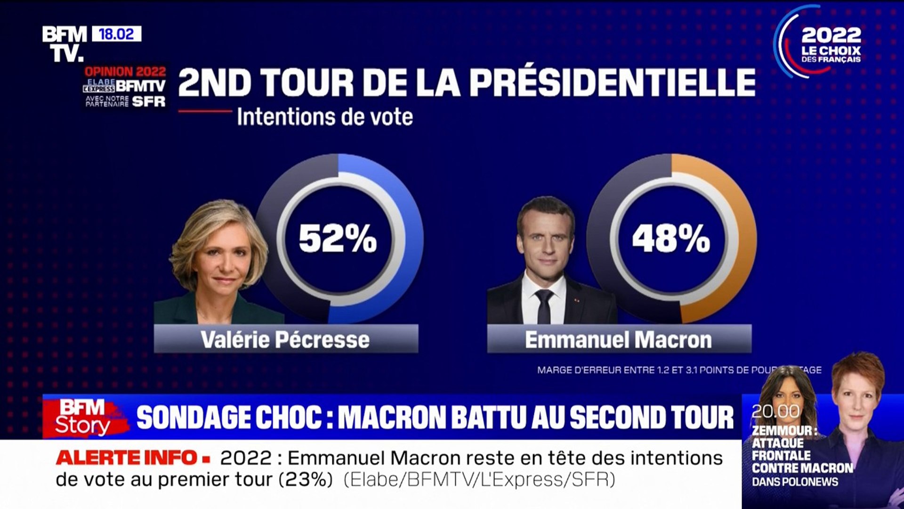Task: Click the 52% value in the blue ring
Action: [x=338, y=238]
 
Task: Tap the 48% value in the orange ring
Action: [x=670, y=238]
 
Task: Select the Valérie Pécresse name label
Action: [x=285, y=339]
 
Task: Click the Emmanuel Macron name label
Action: [x=618, y=339]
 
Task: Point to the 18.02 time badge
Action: [x=116, y=34]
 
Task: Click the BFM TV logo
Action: [x=65, y=44]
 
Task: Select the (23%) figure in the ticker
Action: [x=306, y=480]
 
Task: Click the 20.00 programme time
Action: [x=775, y=411]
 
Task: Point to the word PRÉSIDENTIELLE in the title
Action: [x=612, y=83]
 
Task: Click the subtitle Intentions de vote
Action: [x=325, y=117]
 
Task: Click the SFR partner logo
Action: [x=149, y=101]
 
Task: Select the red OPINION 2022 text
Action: [x=125, y=72]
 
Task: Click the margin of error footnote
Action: [x=679, y=370]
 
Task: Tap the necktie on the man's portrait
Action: [x=544, y=305]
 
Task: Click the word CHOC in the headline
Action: [x=292, y=418]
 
